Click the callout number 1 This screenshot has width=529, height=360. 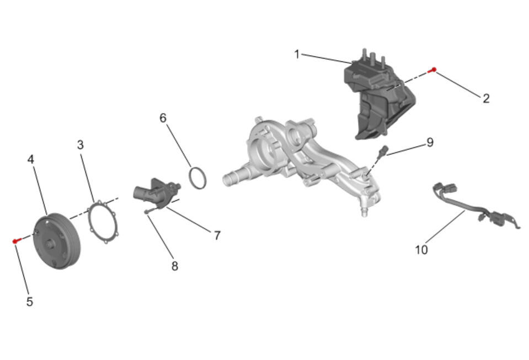297,54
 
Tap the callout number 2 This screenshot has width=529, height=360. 486,99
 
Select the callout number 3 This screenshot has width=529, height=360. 81,145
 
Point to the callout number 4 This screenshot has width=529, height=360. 31,159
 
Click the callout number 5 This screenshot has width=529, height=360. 30,302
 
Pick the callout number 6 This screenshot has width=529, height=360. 163,118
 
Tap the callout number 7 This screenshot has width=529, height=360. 217,235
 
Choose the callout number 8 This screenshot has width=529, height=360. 174,266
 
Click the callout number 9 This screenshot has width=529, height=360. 430,142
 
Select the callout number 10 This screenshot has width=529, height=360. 421,250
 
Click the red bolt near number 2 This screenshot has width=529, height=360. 432,70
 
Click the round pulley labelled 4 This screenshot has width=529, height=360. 57,241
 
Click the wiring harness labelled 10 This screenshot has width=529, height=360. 472,207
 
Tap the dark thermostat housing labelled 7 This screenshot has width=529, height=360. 156,193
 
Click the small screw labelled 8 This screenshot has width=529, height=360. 151,211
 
